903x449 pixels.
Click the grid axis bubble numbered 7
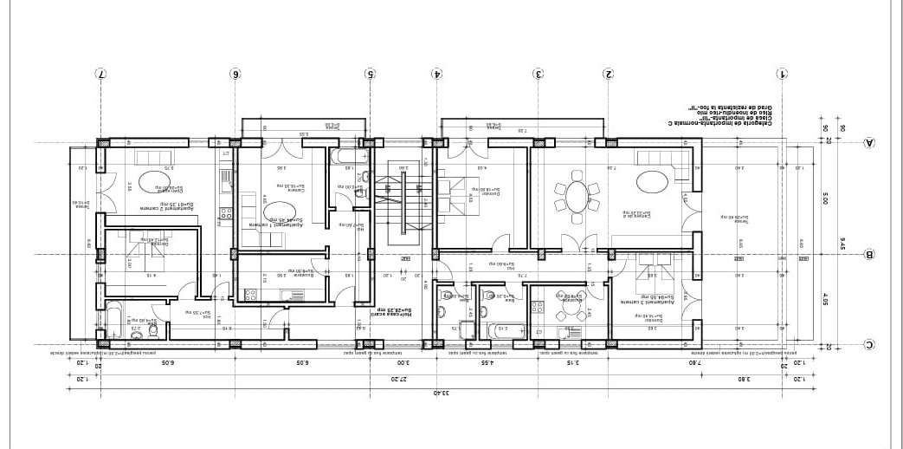click(x=100, y=74)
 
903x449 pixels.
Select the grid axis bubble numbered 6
click(x=235, y=74)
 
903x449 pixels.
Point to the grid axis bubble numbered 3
click(x=539, y=74)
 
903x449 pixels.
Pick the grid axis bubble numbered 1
click(x=784, y=74)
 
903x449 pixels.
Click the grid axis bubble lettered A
click(x=869, y=143)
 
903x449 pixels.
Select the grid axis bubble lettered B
click(x=869, y=255)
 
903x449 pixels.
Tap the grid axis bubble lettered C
click(x=869, y=345)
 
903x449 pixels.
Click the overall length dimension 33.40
click(x=437, y=393)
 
